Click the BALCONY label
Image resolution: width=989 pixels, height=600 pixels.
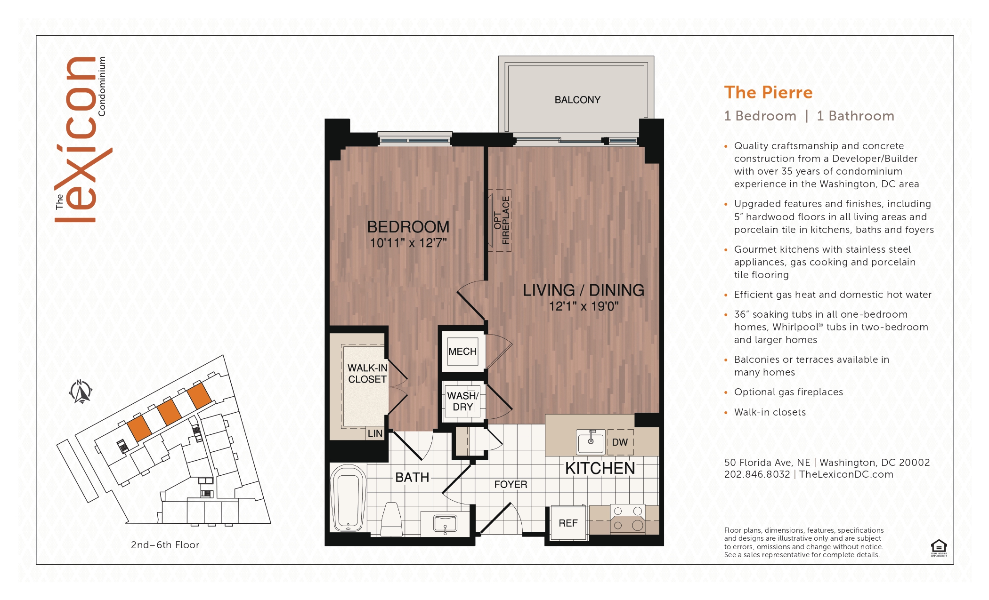(x=577, y=100)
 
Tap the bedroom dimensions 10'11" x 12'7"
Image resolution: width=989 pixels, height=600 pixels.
(x=408, y=243)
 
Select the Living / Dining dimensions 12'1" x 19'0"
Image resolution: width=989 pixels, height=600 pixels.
(x=584, y=306)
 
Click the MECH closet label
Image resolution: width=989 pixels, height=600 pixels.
(x=462, y=352)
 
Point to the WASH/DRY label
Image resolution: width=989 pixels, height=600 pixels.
(x=462, y=401)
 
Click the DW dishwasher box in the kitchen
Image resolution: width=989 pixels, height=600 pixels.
(x=620, y=442)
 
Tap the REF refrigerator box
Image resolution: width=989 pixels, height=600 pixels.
(x=568, y=523)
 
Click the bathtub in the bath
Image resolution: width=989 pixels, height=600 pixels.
(x=349, y=498)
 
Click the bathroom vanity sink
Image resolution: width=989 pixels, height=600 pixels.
(x=445, y=524)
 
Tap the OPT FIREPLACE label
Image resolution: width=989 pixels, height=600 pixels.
(x=502, y=220)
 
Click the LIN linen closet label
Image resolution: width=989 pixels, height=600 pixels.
(x=375, y=433)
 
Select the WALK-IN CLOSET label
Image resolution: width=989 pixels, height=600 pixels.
(x=367, y=374)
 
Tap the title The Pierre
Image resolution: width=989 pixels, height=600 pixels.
(x=768, y=92)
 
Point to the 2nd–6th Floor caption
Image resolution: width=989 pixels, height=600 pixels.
(x=165, y=545)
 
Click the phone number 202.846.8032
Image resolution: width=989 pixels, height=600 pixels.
(x=757, y=474)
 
